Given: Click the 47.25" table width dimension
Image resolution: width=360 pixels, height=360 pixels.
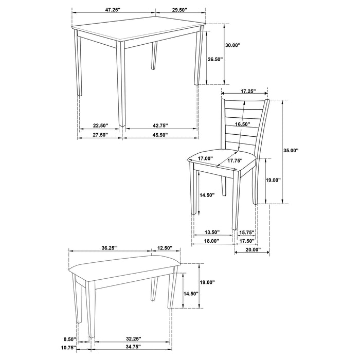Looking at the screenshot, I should coord(114,10).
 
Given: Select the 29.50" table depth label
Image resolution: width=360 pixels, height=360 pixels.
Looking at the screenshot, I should coord(180,10).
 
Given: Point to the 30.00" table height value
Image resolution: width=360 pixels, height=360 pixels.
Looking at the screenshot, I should coord(233,45).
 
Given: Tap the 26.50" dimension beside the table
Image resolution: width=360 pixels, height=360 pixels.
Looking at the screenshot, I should coord(215,59).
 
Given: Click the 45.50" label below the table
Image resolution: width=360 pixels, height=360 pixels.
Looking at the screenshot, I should coord(159,135).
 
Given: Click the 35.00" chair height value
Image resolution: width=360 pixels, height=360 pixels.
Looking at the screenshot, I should coord(291,151).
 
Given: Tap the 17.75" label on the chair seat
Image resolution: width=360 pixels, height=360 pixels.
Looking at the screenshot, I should coord(235,160).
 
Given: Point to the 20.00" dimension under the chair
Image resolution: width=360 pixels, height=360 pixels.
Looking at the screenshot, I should coord(252,250).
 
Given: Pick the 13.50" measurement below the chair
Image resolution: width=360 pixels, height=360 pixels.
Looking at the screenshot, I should coord(205,232).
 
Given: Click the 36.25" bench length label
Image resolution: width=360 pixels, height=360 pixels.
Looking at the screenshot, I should coord(109,248).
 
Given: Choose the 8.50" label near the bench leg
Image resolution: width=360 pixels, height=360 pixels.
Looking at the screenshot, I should coord(69,339).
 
